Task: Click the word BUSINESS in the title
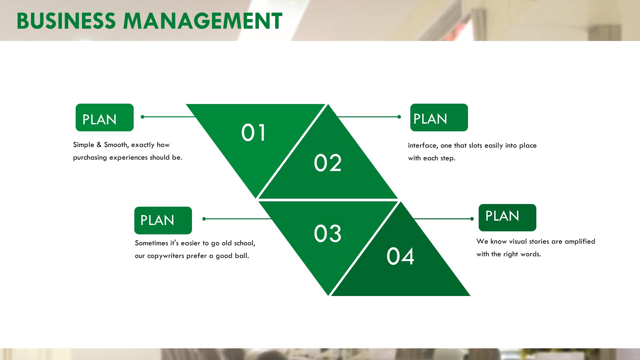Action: pyautogui.click(x=66, y=21)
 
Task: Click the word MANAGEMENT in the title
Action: pyautogui.click(x=203, y=21)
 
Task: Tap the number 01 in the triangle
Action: pyautogui.click(x=254, y=133)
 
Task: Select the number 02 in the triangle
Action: pyautogui.click(x=328, y=163)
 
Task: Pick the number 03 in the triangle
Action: pyautogui.click(x=328, y=233)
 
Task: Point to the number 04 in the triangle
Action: pyautogui.click(x=400, y=256)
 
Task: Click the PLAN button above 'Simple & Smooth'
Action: pyautogui.click(x=105, y=117)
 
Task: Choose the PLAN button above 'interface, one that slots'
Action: pyautogui.click(x=439, y=117)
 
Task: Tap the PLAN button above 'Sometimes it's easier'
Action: pyautogui.click(x=163, y=220)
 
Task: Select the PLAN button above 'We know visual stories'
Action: pyautogui.click(x=507, y=218)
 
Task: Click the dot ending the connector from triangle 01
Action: pyautogui.click(x=143, y=117)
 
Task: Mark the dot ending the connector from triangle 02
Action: pyautogui.click(x=399, y=117)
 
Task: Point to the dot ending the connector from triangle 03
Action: pyautogui.click(x=204, y=219)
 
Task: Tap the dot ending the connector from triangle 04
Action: pyautogui.click(x=472, y=219)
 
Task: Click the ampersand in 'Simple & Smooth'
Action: pyautogui.click(x=99, y=145)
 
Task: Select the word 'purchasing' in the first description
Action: pyautogui.click(x=90, y=158)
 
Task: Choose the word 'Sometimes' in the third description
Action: pyautogui.click(x=151, y=243)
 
